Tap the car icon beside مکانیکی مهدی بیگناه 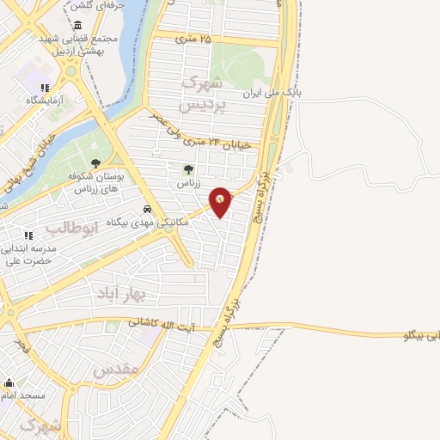coord(148,209)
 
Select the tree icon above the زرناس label coord(188,169)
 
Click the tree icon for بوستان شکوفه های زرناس coord(95,163)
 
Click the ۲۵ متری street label coord(192,39)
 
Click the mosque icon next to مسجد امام coord(9,384)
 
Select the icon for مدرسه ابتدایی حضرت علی coord(27,235)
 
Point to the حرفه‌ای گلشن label coord(107,4)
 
